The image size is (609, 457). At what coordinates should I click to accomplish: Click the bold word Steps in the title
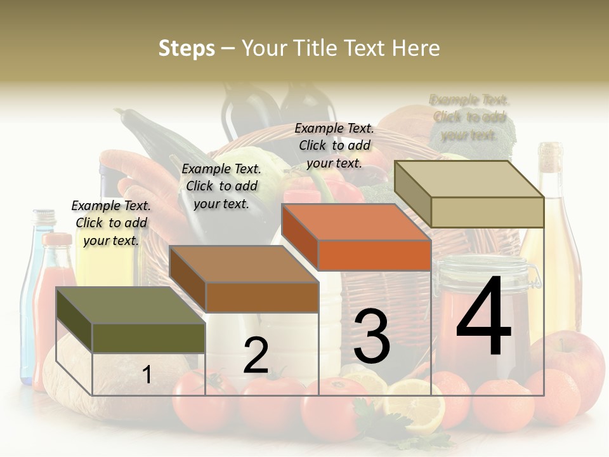[x=187, y=48]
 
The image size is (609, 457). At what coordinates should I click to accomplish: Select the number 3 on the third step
[x=372, y=336]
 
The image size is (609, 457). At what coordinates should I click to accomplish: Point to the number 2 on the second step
[x=256, y=355]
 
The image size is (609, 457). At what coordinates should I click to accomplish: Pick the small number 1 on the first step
[x=147, y=375]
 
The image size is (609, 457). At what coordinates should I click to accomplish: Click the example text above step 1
[x=111, y=223]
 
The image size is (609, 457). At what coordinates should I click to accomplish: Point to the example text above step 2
[x=221, y=186]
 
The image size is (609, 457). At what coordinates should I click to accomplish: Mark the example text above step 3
[x=334, y=145]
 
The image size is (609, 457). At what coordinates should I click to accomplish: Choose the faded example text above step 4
[x=469, y=117]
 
